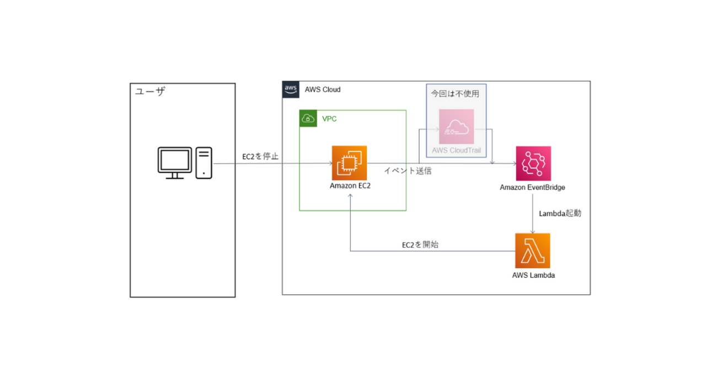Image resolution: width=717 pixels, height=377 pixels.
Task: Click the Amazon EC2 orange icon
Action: click(x=349, y=163)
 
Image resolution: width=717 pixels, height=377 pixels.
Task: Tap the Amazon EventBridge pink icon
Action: click(x=533, y=163)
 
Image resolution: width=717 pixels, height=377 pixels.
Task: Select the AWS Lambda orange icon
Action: click(x=532, y=251)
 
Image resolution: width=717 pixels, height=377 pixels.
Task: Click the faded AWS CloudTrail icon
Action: click(x=456, y=127)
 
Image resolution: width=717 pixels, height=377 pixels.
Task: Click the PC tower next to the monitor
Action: click(x=204, y=162)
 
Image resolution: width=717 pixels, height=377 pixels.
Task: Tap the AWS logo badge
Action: click(x=291, y=89)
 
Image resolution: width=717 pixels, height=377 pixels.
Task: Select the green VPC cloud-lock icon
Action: click(x=308, y=119)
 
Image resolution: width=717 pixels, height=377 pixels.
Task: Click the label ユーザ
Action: click(x=150, y=92)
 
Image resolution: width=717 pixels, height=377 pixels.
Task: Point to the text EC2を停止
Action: click(x=261, y=157)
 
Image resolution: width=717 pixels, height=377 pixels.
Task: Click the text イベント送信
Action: click(x=408, y=171)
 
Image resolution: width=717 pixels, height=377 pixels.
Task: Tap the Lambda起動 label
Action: click(x=560, y=213)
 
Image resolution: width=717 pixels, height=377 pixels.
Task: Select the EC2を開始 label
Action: click(x=420, y=245)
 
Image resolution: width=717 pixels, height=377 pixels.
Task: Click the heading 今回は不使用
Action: click(x=455, y=94)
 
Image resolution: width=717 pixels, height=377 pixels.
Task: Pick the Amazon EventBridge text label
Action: click(x=533, y=188)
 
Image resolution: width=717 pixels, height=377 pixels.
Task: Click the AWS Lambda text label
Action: click(x=533, y=275)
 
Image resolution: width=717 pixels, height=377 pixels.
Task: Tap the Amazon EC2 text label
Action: click(x=350, y=186)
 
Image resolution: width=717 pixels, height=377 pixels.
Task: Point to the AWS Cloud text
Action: click(x=323, y=89)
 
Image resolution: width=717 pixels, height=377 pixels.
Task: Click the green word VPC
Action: click(x=329, y=119)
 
